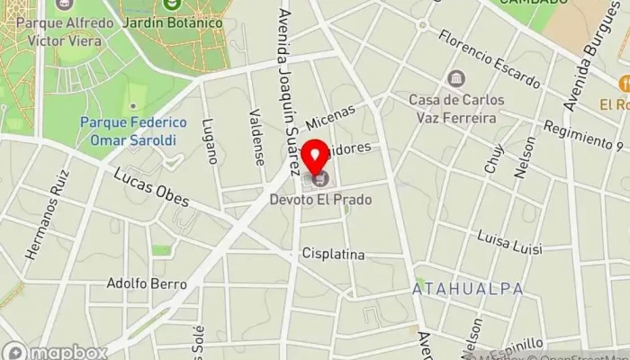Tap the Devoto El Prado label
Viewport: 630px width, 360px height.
point(320,199)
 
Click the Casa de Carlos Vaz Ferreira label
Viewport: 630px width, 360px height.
point(456,108)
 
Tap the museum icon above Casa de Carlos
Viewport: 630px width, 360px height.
point(456,78)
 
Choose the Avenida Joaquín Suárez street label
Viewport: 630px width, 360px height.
point(288,90)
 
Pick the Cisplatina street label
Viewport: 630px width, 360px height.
point(334,255)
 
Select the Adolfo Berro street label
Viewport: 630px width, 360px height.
point(147,283)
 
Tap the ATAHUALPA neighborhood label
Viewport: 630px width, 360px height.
point(455,289)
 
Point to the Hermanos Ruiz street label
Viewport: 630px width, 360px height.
point(47,221)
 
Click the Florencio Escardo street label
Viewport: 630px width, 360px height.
point(489,58)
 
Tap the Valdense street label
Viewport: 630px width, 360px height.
point(258,137)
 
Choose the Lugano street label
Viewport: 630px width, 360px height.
point(209,139)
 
